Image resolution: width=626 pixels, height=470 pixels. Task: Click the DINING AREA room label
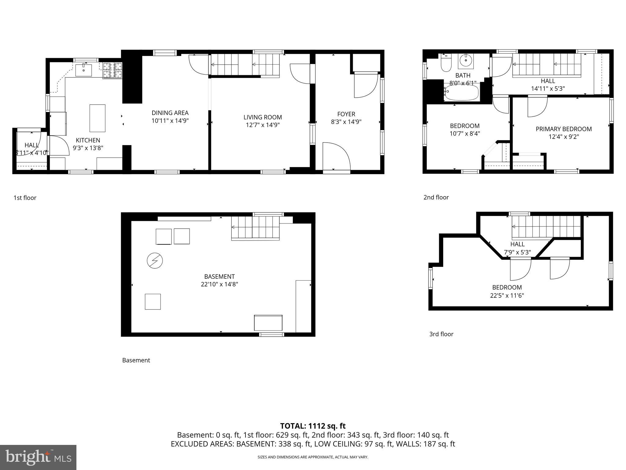coord(170,113)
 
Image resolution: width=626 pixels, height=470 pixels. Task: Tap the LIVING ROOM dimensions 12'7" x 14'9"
coord(263,125)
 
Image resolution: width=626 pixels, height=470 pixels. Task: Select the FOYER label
coord(346,114)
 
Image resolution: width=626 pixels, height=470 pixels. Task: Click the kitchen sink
coord(83,70)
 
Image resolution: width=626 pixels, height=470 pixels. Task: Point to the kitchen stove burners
coord(112,70)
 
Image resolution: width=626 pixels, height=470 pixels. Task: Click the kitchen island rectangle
coord(97,118)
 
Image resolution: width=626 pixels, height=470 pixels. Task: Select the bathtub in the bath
coord(462,93)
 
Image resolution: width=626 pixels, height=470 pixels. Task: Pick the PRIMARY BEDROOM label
coord(564,129)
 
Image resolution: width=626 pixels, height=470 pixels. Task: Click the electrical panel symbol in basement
coord(155,261)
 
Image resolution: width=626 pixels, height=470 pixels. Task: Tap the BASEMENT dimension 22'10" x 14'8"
coord(219,284)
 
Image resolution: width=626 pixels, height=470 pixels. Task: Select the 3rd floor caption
coord(441,334)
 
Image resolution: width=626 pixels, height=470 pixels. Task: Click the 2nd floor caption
coord(436,197)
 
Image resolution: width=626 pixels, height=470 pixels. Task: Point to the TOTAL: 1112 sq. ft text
coord(313,426)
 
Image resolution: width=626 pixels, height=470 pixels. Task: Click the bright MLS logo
coord(38,457)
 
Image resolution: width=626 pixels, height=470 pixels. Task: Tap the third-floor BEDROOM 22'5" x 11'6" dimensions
coord(507,296)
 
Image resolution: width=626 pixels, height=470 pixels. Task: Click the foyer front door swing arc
coord(336,156)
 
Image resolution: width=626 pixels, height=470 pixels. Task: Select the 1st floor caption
coord(25,198)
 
